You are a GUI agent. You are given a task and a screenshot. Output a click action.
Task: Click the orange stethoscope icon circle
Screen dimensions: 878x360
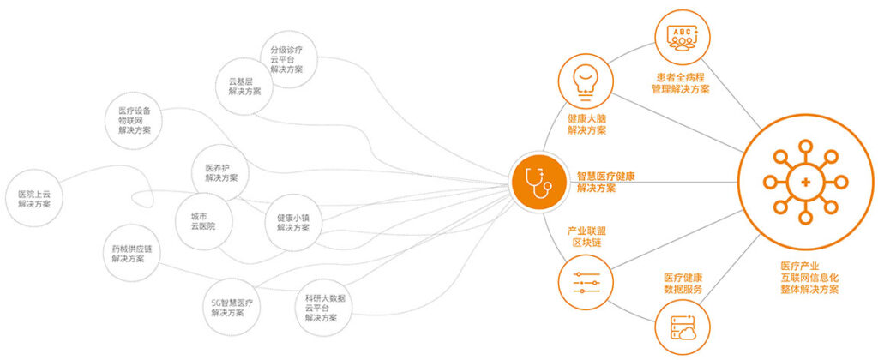click(538, 182)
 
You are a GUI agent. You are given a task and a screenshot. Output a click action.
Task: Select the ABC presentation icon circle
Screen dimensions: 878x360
click(682, 38)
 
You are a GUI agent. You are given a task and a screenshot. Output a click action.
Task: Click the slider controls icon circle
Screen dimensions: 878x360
click(586, 282)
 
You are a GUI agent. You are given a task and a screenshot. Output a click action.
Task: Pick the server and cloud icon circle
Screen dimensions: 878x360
click(682, 327)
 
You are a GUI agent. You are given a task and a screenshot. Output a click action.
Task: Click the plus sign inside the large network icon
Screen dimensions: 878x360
click(806, 182)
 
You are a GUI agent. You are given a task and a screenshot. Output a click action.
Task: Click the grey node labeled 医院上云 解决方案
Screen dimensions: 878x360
click(34, 199)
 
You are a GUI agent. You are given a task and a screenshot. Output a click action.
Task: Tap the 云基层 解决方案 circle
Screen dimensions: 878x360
click(244, 87)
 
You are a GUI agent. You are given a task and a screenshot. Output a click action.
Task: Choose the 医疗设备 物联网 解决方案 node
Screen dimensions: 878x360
click(135, 120)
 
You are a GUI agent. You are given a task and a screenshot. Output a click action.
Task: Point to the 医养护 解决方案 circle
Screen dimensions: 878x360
click(221, 173)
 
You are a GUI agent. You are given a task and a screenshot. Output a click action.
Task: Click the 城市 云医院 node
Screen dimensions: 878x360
click(202, 222)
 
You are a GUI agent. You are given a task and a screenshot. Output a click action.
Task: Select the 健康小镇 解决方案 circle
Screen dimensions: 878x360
click(293, 223)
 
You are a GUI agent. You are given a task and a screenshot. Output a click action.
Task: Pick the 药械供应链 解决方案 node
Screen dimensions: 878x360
click(132, 254)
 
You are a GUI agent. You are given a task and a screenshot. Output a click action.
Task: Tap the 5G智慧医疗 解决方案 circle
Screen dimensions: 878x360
click(232, 308)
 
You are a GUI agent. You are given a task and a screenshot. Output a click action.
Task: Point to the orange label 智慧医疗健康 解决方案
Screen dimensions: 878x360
click(606, 182)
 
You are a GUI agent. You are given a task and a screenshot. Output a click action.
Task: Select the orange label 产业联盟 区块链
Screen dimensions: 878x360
click(586, 237)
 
